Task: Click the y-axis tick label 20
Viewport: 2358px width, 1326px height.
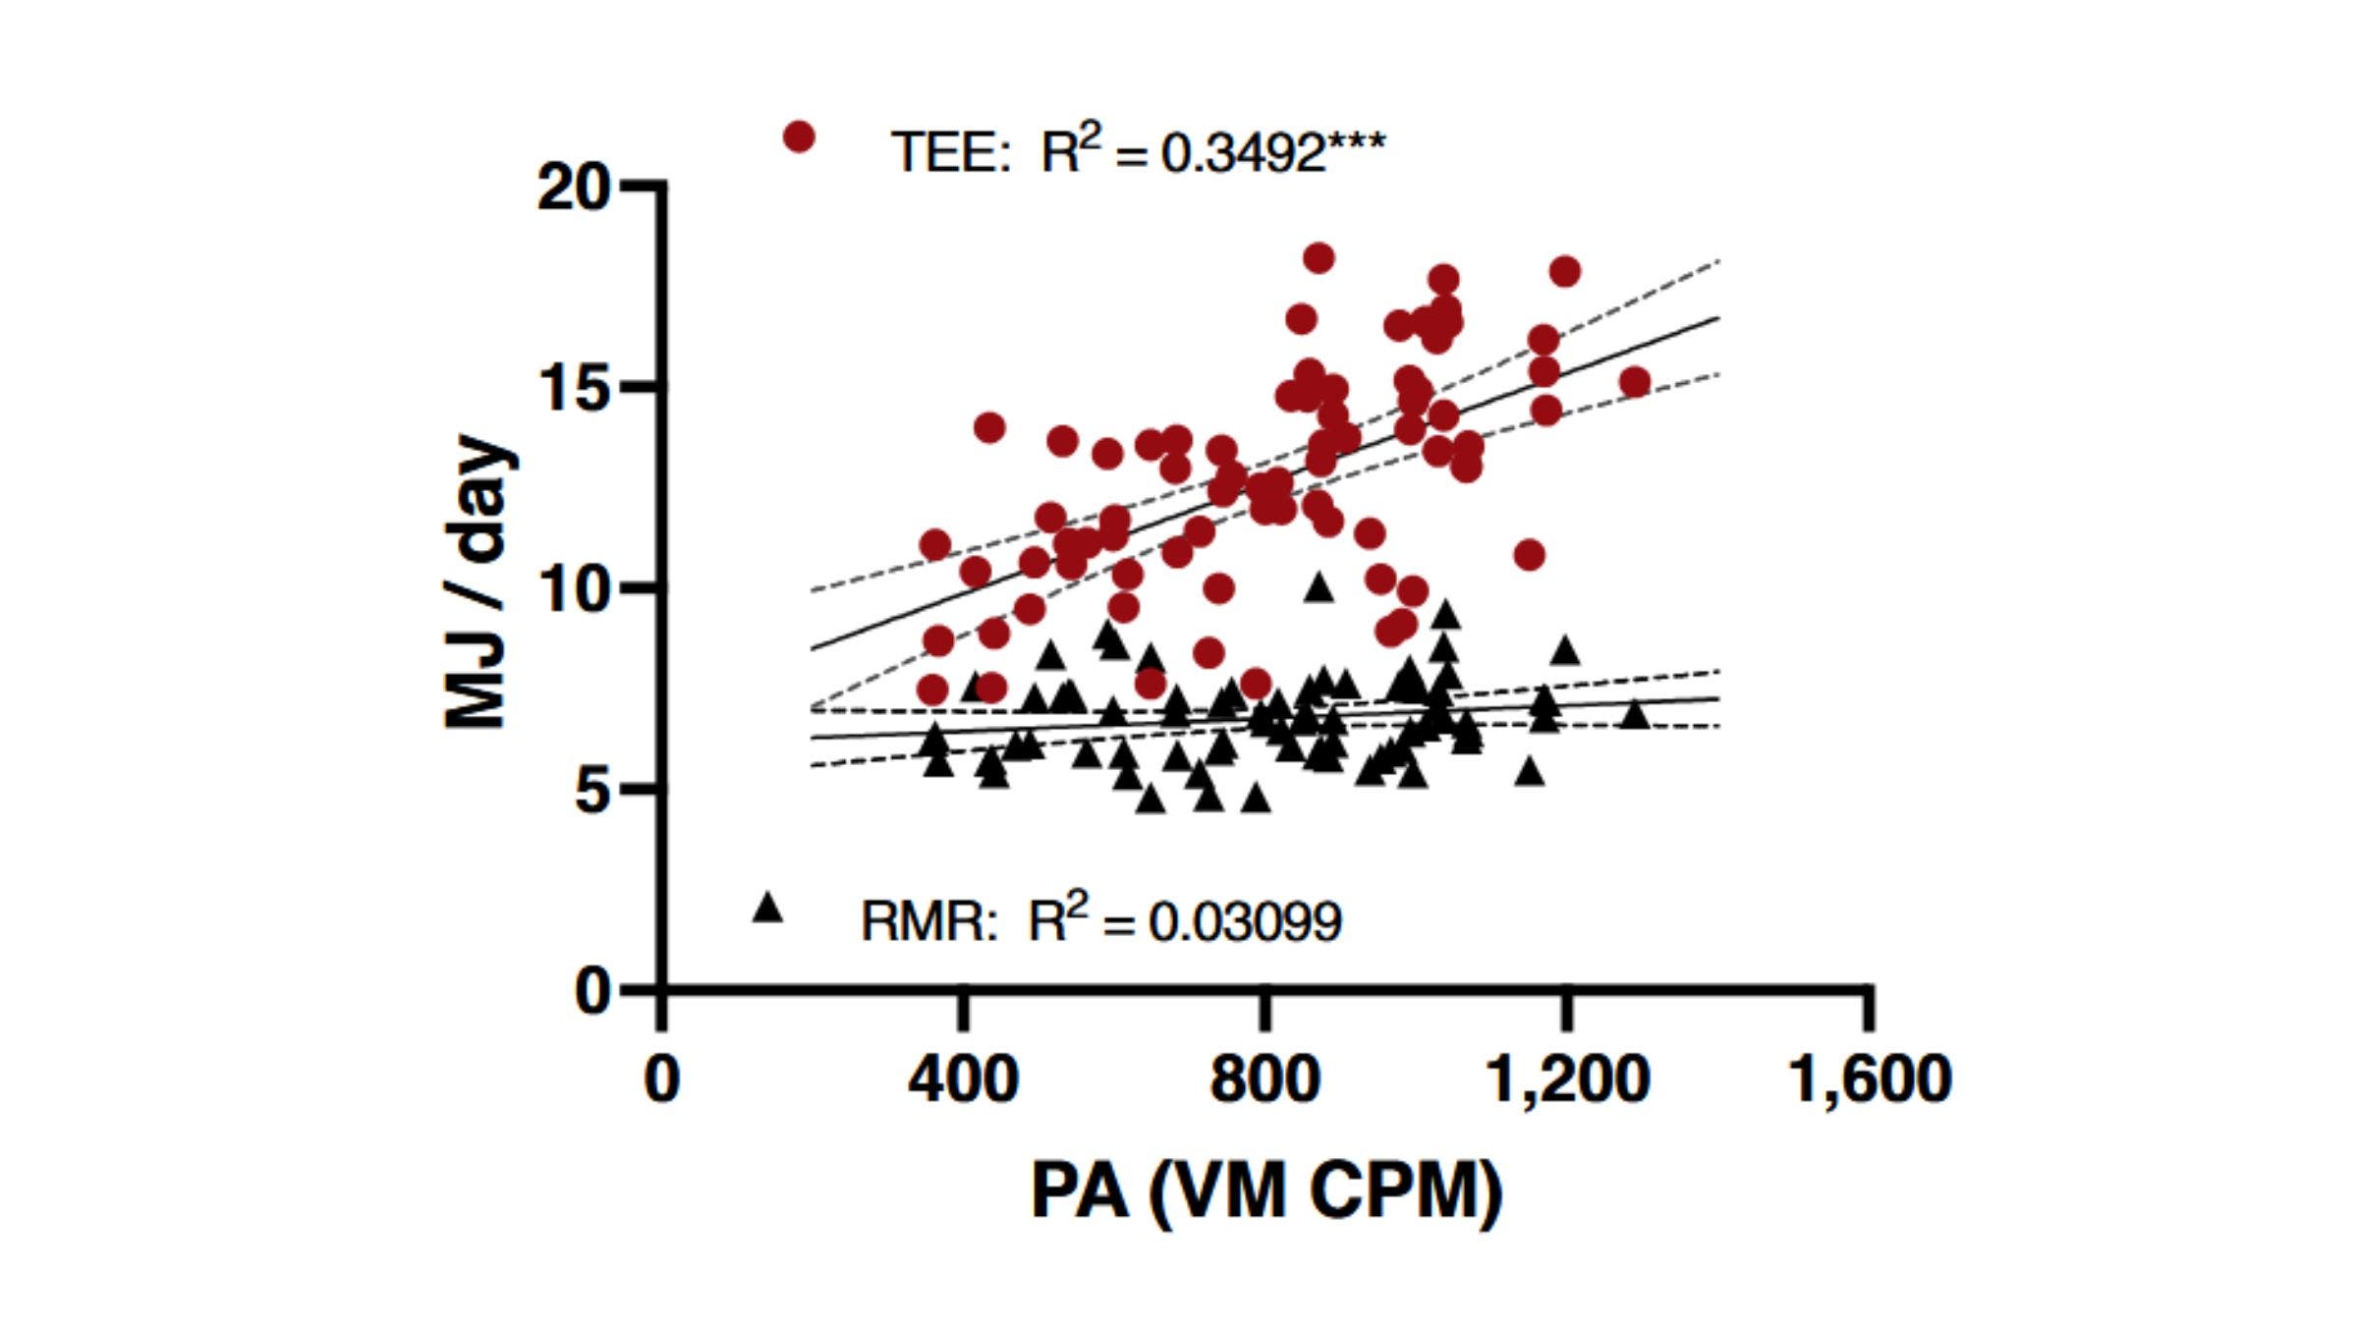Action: [x=573, y=187]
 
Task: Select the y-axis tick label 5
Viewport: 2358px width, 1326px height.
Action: [x=592, y=791]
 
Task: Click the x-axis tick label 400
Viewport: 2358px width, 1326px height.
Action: [x=963, y=1078]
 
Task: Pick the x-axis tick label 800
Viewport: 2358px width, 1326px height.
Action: [x=1264, y=1078]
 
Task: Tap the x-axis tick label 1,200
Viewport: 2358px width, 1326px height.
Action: [x=1567, y=1078]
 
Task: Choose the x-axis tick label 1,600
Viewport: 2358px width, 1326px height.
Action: [x=1870, y=1078]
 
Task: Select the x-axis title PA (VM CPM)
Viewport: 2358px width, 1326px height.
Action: [x=1266, y=1191]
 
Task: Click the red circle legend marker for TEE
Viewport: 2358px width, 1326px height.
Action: [x=799, y=138]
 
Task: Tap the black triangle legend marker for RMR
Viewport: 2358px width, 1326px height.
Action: [x=767, y=908]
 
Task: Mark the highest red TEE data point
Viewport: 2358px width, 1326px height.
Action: [x=1319, y=258]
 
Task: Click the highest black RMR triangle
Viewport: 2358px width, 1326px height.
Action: [x=1319, y=587]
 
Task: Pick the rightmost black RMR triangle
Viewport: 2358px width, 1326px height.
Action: [x=1635, y=714]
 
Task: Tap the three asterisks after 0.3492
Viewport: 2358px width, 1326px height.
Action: [x=1357, y=143]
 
